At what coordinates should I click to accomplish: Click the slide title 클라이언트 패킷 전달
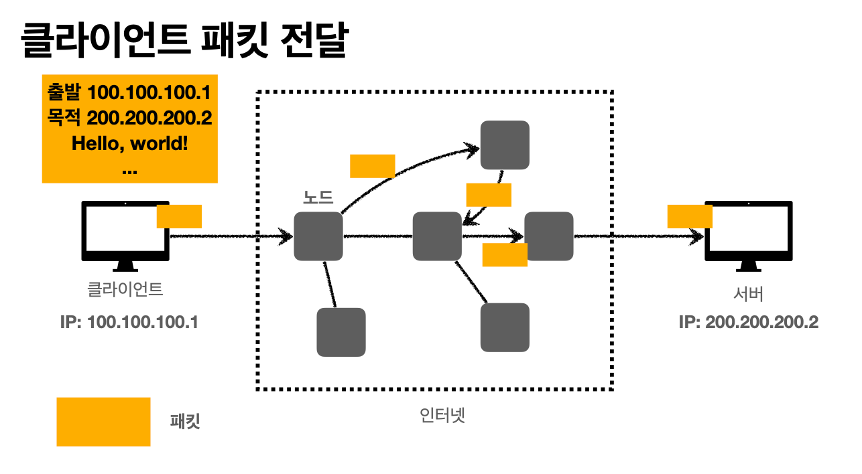click(x=185, y=40)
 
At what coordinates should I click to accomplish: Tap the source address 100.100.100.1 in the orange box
click(x=149, y=92)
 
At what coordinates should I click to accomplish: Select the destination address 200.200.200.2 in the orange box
click(x=149, y=118)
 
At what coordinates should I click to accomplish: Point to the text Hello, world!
click(x=129, y=143)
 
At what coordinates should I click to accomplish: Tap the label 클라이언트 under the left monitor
click(x=125, y=289)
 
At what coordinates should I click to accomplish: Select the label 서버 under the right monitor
click(x=749, y=294)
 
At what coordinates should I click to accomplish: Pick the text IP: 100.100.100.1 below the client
click(x=129, y=322)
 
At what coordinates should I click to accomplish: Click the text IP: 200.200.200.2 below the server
click(x=749, y=322)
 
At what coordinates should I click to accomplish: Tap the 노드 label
click(x=318, y=197)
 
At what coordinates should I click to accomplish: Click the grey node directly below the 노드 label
click(x=318, y=236)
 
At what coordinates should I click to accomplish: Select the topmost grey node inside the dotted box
click(x=505, y=145)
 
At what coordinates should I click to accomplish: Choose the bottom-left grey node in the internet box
click(x=341, y=332)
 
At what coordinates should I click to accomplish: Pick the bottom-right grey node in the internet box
click(x=505, y=327)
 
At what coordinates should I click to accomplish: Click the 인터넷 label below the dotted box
click(x=442, y=415)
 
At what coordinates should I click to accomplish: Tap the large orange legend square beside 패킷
click(x=103, y=422)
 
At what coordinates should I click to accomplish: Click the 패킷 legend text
click(x=185, y=421)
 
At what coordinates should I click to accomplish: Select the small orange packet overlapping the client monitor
click(x=179, y=216)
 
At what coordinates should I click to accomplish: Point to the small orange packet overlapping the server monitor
click(x=690, y=216)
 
